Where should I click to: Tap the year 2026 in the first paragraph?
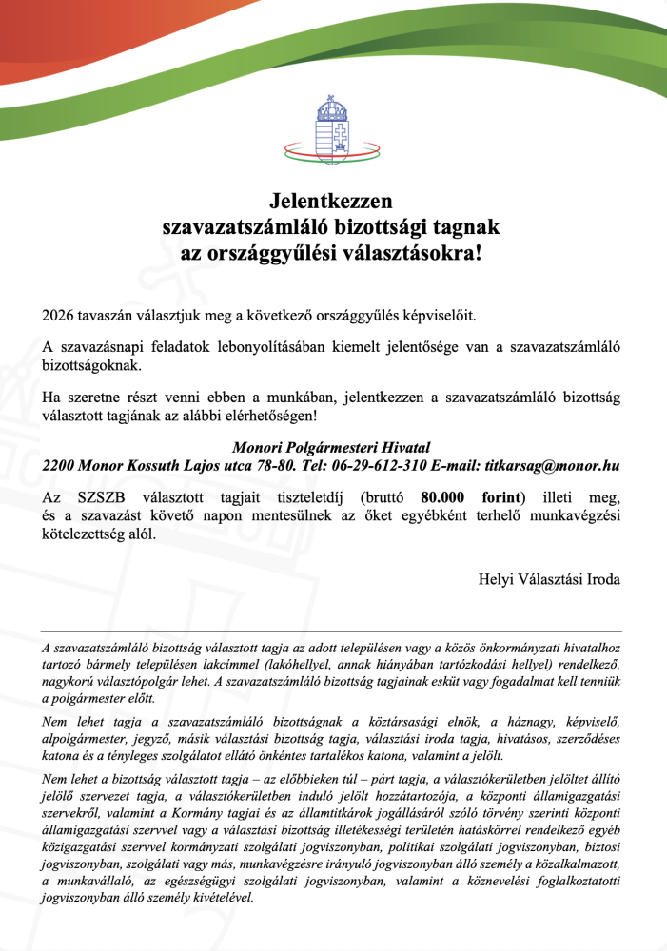point(60,315)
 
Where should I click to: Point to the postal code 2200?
point(60,467)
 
